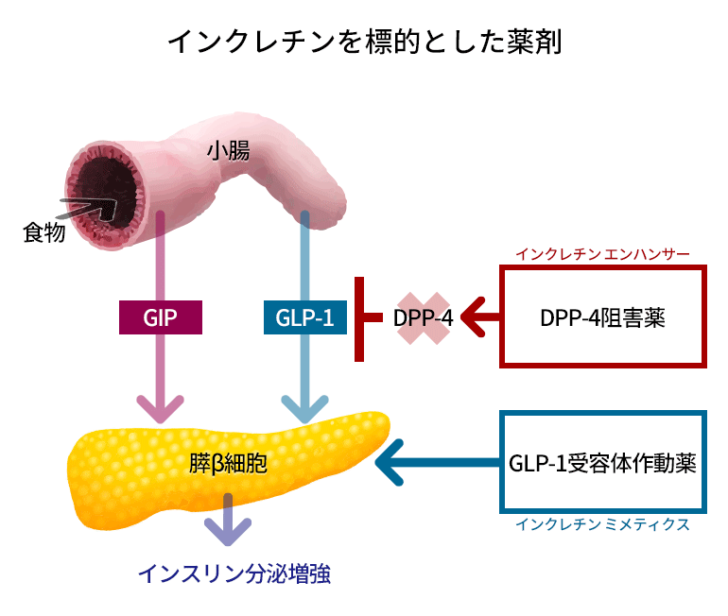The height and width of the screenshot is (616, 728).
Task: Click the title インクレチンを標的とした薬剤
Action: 365,42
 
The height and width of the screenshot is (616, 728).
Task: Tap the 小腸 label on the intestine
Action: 228,151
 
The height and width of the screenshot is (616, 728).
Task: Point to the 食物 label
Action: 44,232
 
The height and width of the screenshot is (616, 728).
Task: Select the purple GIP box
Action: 161,317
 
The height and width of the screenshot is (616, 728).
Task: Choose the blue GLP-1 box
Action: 305,317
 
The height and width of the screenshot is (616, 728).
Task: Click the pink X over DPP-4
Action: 424,318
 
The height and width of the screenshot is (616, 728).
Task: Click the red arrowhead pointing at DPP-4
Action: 474,317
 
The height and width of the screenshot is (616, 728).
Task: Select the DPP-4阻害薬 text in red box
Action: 602,318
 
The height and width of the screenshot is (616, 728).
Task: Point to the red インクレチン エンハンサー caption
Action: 602,254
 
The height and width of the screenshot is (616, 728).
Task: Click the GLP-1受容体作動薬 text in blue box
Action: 602,463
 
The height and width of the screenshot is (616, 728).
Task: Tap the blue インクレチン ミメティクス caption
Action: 602,524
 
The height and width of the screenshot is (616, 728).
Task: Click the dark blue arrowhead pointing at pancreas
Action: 390,462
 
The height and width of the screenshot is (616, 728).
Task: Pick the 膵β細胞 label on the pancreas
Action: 228,463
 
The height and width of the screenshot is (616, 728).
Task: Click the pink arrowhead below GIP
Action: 161,408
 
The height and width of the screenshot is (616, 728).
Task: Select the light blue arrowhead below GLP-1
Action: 305,408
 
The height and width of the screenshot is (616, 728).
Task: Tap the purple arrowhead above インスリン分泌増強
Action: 228,531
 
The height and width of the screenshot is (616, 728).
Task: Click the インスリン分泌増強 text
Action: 234,573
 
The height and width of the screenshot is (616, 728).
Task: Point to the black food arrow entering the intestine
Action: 88,210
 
